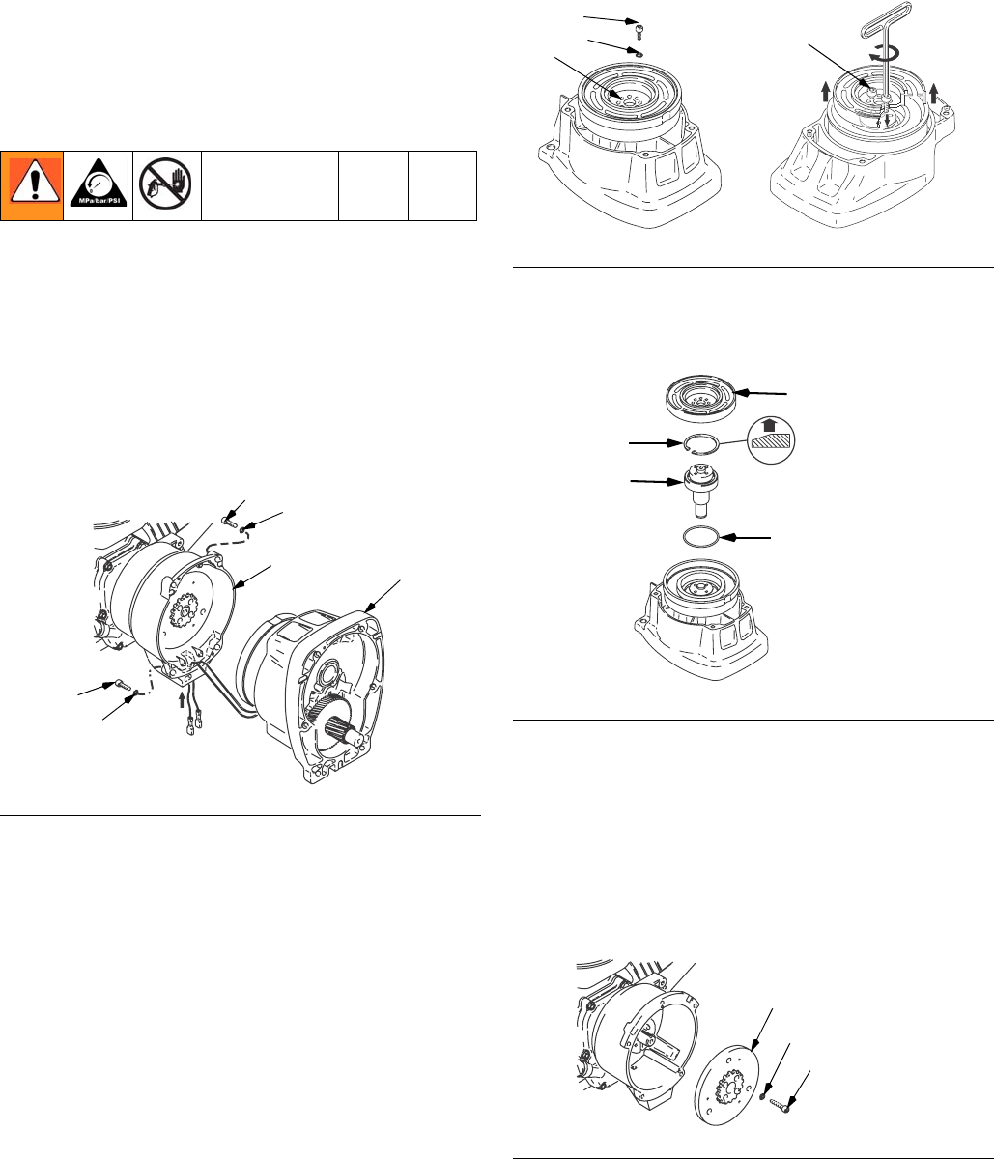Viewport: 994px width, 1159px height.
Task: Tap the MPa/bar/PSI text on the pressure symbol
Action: click(x=99, y=200)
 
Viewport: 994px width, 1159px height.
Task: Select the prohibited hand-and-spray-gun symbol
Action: click(x=166, y=184)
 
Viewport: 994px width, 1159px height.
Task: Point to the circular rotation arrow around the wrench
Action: click(x=885, y=53)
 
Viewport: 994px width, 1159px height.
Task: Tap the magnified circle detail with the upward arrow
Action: click(x=771, y=439)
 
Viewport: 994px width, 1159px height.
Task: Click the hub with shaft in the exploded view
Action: click(x=700, y=489)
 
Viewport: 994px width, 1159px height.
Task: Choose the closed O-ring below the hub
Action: click(x=700, y=537)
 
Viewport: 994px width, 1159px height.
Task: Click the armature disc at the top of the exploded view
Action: click(x=700, y=398)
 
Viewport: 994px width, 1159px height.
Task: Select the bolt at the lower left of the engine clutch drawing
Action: click(x=123, y=684)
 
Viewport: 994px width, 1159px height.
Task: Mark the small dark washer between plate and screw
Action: click(x=763, y=1095)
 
